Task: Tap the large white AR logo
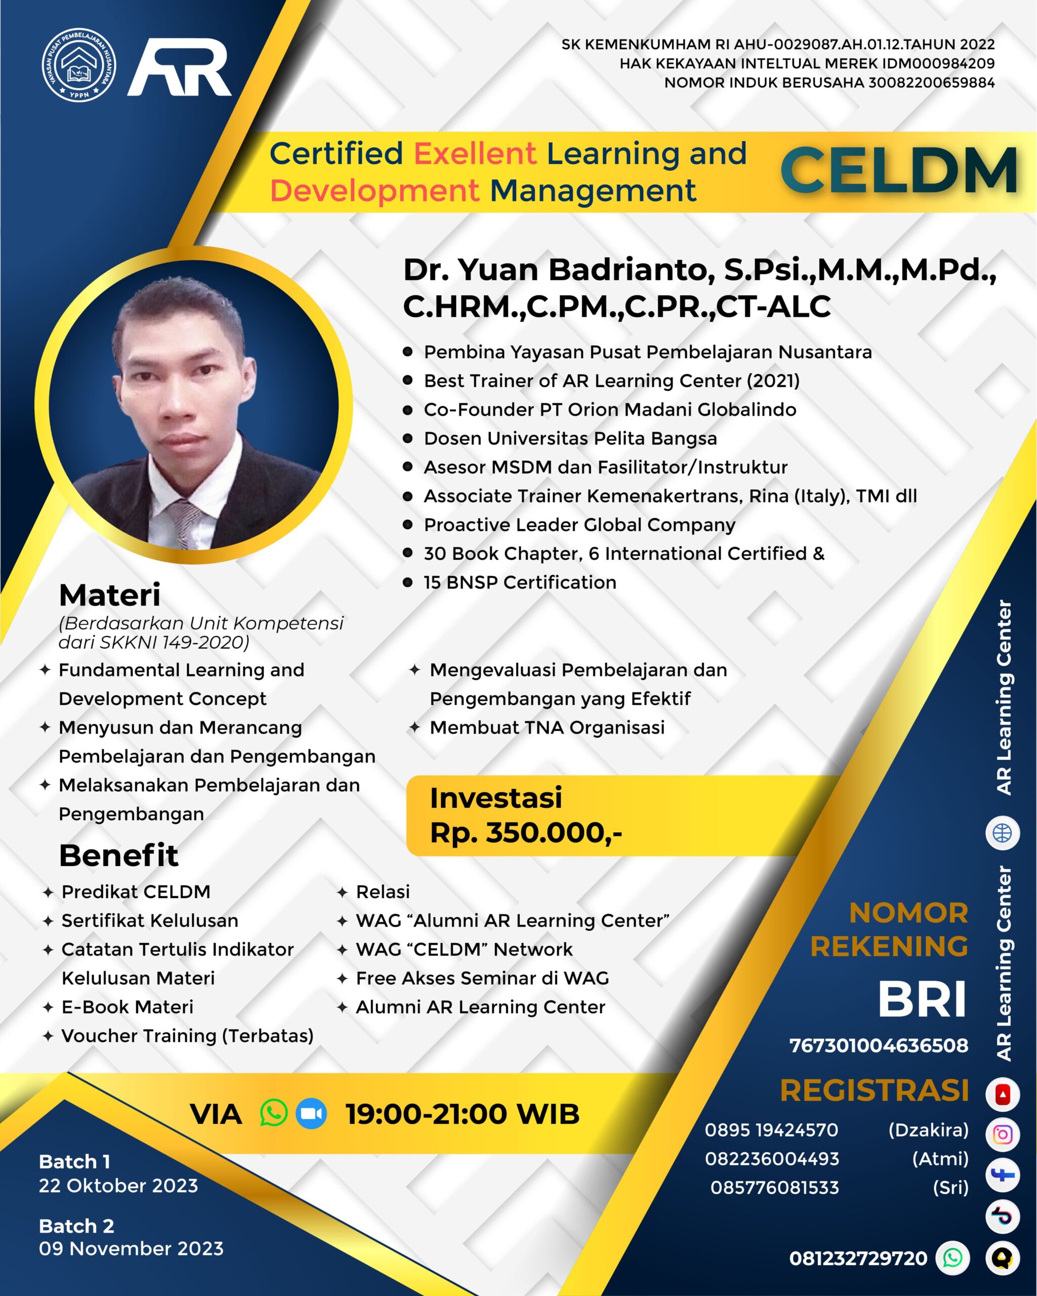pos(179,67)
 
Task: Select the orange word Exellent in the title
pos(475,153)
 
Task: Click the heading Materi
pos(109,595)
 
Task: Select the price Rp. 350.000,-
pos(526,833)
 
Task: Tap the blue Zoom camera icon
pos(311,1113)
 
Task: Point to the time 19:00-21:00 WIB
pos(463,1114)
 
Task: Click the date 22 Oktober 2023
pos(118,1186)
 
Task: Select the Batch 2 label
pos(76,1226)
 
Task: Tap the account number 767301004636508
pos(879,1045)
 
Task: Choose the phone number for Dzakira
pos(771,1130)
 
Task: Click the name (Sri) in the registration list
pos(950,1188)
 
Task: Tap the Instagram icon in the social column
pos(1002,1135)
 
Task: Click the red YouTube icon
pos(1002,1095)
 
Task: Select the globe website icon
pos(1002,833)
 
